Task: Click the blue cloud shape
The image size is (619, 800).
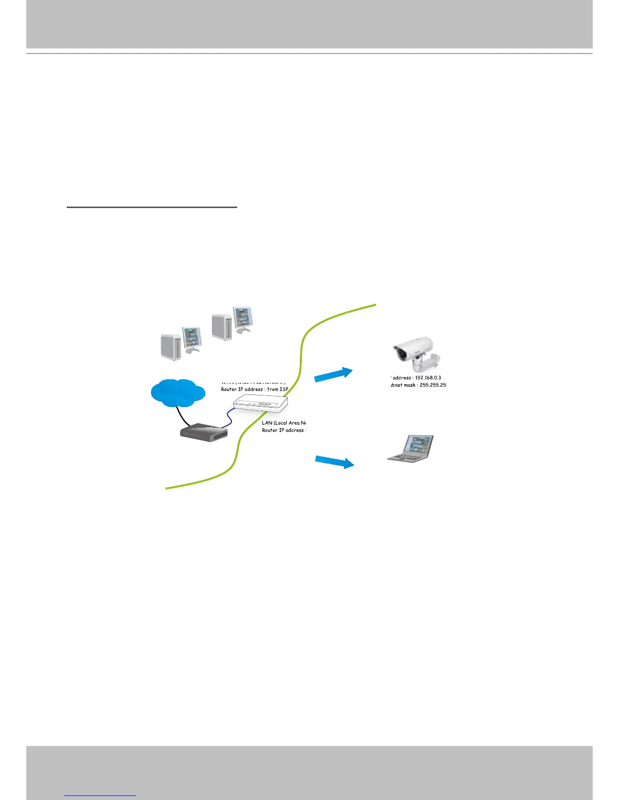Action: click(178, 393)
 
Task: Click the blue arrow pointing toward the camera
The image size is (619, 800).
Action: click(333, 375)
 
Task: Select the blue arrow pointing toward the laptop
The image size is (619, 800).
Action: click(334, 462)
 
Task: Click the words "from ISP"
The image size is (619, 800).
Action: click(278, 389)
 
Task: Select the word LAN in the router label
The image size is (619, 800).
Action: click(267, 423)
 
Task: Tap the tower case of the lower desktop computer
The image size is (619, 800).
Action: click(170, 346)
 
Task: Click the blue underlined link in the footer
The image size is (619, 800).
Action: click(100, 795)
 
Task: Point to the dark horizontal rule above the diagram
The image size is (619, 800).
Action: click(152, 207)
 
